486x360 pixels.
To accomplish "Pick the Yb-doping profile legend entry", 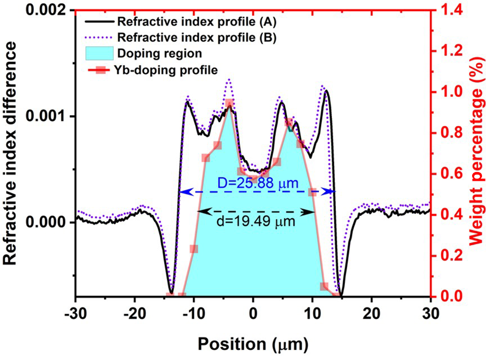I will [x=156, y=69].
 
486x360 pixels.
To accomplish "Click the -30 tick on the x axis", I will [x=75, y=312].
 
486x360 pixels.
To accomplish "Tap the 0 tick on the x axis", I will [x=253, y=312].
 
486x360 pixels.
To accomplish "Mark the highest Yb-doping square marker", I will [x=230, y=103].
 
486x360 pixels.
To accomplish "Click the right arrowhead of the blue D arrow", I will [x=333, y=191].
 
